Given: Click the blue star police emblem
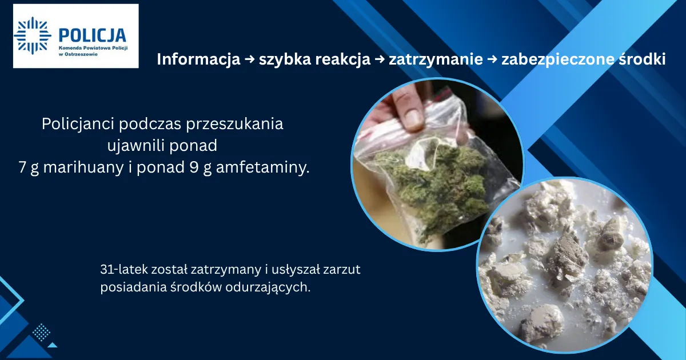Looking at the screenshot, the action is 33,35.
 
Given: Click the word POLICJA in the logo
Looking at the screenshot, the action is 92,35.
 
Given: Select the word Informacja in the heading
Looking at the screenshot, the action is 198,59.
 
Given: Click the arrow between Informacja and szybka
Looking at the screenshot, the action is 250,59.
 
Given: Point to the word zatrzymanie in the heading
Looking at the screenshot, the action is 436,59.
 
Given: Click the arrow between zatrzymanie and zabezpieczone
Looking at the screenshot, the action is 492,59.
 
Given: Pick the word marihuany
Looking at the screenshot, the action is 83,168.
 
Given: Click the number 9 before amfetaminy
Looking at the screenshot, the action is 194,167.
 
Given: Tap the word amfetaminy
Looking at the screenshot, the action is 263,167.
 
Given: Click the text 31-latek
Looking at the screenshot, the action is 123,269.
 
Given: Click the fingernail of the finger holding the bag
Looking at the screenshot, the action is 413,117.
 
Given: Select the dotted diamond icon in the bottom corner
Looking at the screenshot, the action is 41,332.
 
